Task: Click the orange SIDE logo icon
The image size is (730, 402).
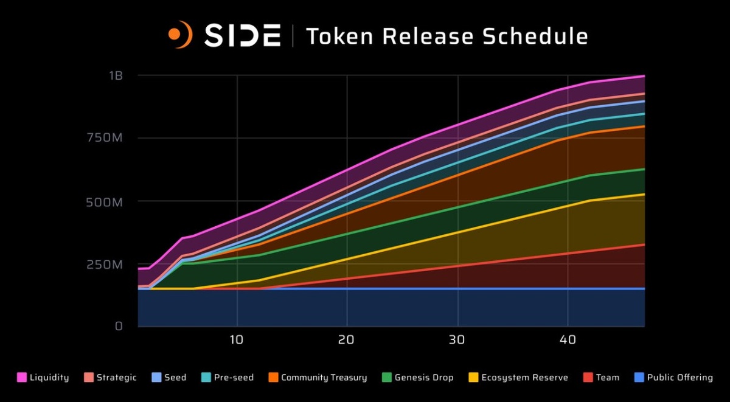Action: coord(181,35)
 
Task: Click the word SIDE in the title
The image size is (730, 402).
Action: coord(242,36)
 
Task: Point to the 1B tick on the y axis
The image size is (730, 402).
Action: coord(116,76)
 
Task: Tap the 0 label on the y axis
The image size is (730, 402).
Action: coord(119,327)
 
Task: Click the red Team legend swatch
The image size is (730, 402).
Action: coord(588,378)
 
